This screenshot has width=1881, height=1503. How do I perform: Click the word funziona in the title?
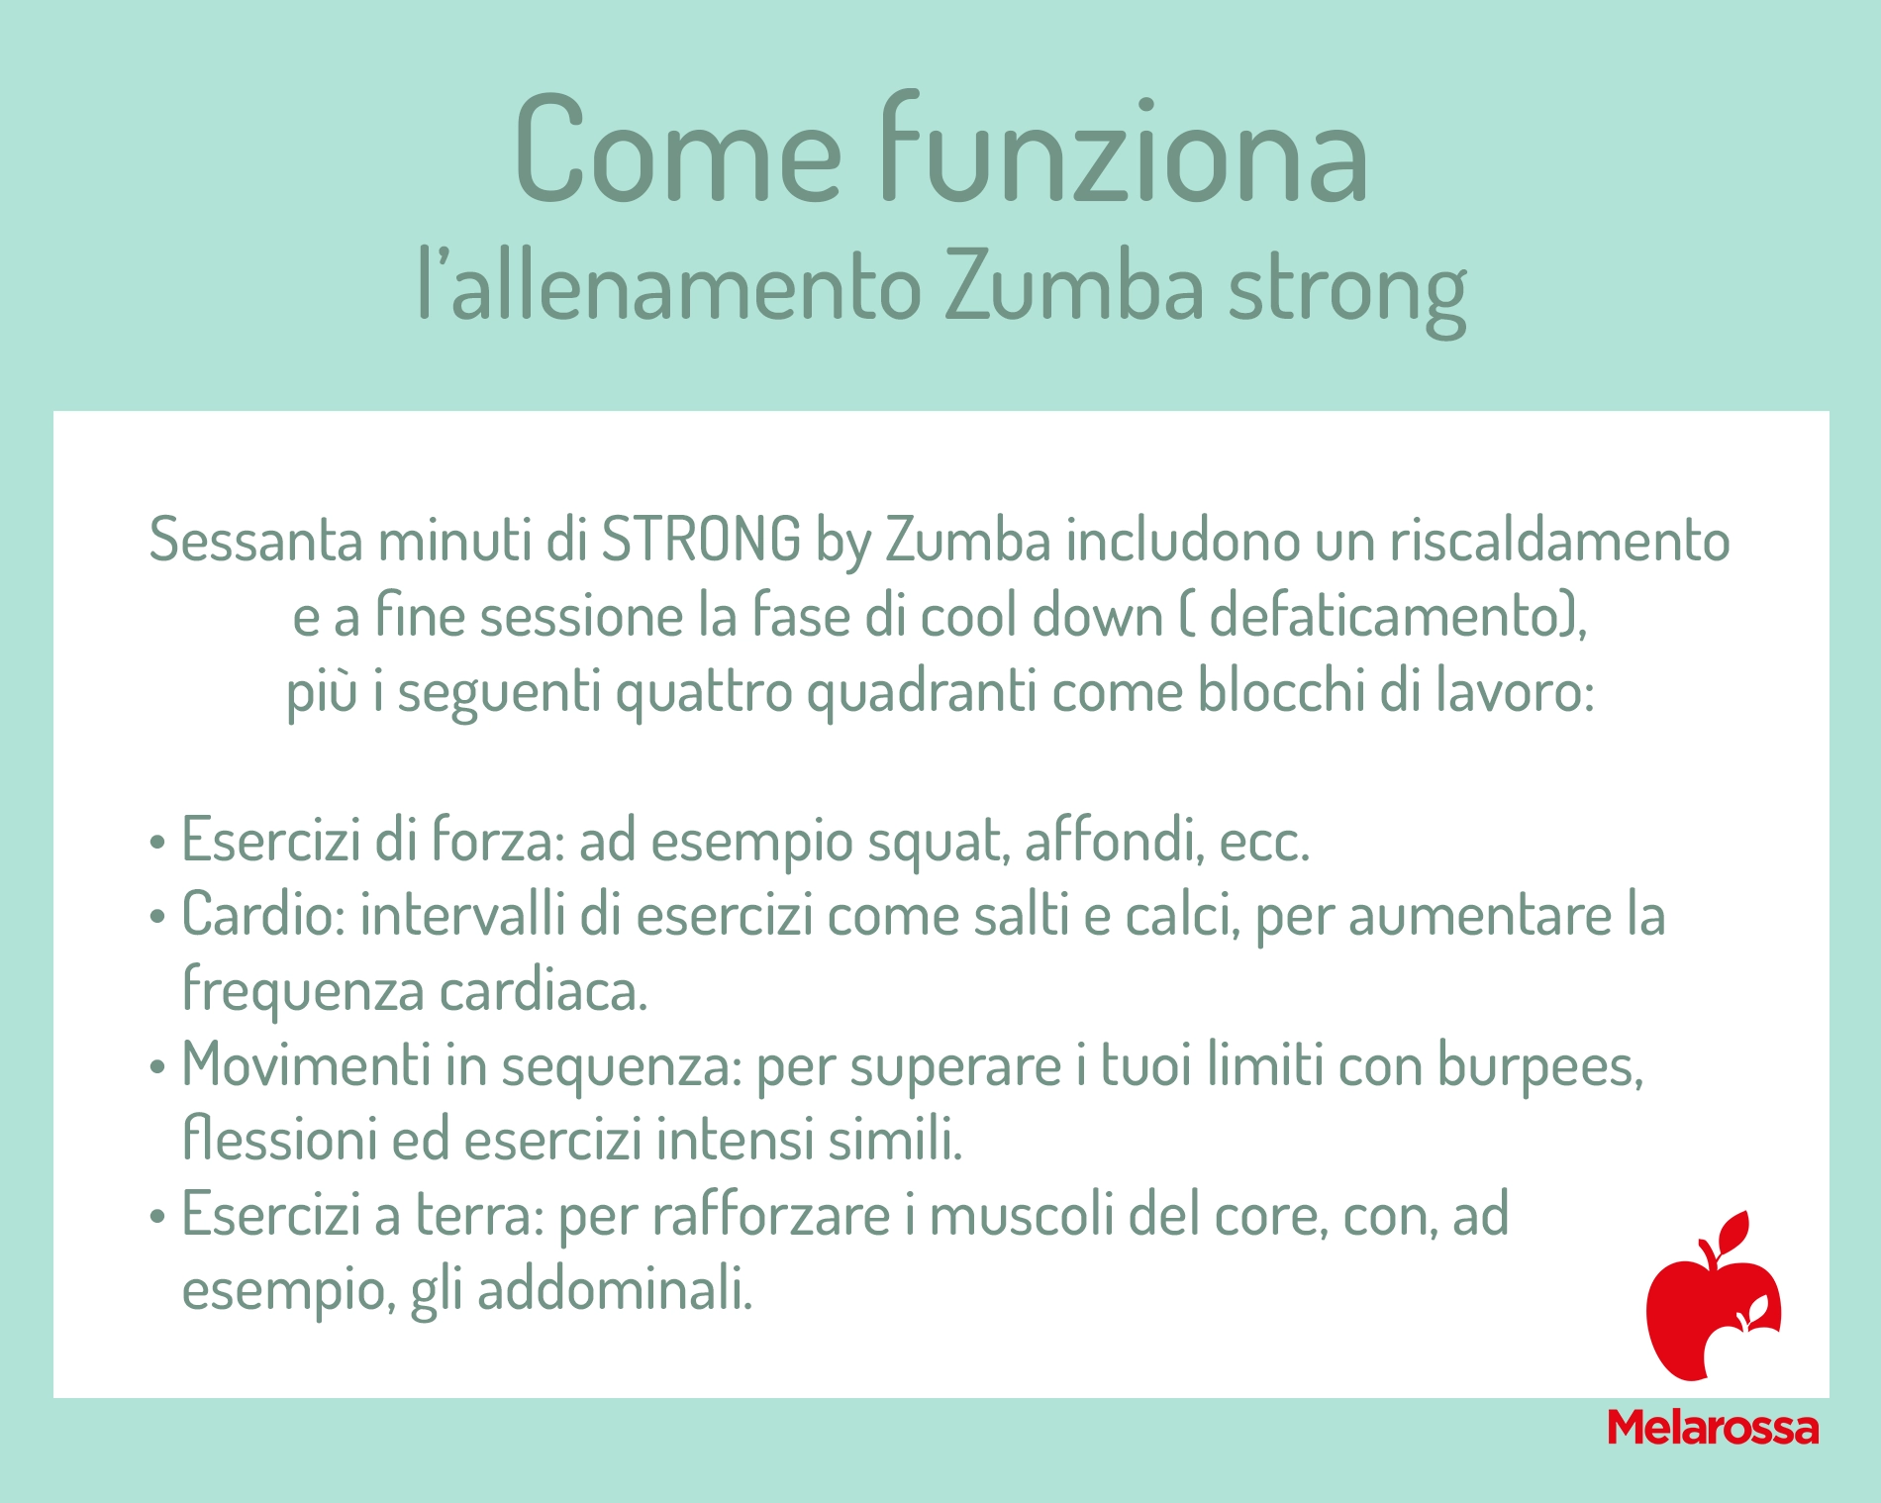point(1124,149)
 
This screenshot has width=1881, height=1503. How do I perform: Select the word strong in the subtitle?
point(1346,296)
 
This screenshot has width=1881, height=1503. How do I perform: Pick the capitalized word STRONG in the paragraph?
point(701,541)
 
